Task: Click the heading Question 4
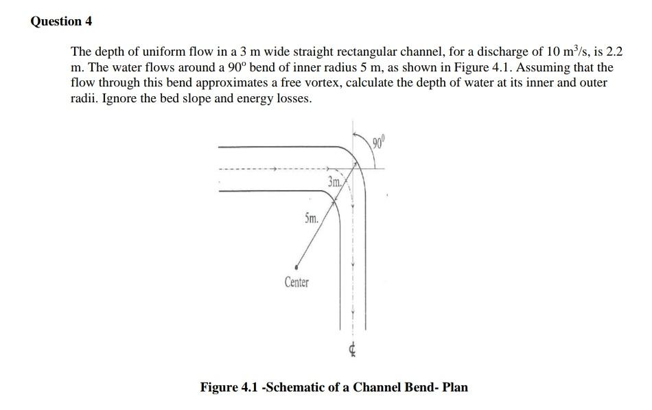coord(61,21)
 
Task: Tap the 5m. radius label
coord(311,220)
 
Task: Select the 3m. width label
coord(336,183)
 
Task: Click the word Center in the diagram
coord(296,282)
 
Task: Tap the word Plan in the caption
coord(455,387)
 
